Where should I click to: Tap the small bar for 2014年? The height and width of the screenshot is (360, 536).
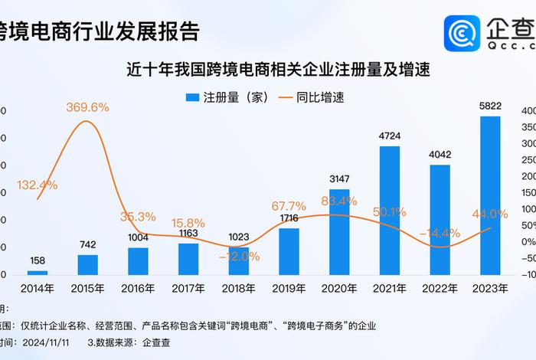tap(38, 272)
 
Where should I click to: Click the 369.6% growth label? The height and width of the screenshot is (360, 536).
tap(87, 106)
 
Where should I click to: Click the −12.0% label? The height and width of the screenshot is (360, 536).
tap(238, 256)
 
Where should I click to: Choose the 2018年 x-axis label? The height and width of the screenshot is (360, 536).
tap(238, 289)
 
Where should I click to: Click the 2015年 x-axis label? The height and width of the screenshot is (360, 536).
tap(87, 289)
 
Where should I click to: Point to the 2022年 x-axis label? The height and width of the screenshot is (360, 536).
tap(440, 289)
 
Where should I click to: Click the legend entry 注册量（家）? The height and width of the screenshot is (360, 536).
tap(227, 98)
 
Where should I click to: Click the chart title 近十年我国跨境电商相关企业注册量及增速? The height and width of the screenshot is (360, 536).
tap(279, 70)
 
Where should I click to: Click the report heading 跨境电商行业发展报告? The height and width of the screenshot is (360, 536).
tap(100, 31)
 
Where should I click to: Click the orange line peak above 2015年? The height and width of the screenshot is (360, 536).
tap(87, 122)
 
